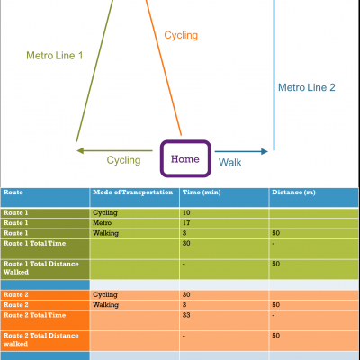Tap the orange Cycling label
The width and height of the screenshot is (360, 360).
181,35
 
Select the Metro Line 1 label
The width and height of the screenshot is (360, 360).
54,56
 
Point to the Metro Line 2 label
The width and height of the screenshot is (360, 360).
306,87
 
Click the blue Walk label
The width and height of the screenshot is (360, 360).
229,162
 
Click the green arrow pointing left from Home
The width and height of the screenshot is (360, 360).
114,150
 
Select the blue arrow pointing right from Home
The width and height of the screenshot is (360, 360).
241,151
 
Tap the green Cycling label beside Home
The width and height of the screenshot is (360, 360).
123,160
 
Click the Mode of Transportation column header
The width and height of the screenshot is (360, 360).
132,193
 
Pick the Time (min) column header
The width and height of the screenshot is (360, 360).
202,193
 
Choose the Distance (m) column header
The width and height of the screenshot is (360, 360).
293,193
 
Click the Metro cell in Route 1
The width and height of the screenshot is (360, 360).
102,223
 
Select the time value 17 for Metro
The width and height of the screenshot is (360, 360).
186,223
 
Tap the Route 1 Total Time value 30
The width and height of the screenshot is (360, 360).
186,243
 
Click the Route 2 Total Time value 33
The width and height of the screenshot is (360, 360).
186,315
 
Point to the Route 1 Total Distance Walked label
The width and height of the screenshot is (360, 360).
40,268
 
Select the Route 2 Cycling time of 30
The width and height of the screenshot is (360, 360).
186,294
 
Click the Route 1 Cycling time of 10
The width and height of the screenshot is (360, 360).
186,212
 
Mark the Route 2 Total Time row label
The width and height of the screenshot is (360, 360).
34,315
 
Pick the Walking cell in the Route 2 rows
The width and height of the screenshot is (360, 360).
105,305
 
